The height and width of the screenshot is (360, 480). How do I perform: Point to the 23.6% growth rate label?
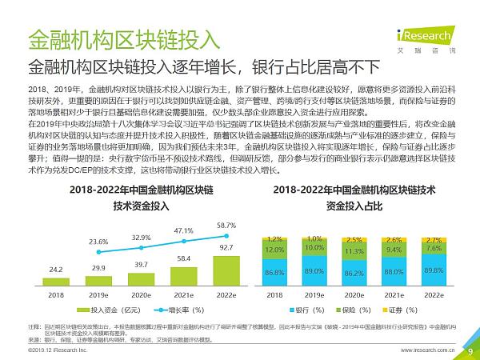[x=98, y=241]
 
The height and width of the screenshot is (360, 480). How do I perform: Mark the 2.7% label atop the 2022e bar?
[x=433, y=239]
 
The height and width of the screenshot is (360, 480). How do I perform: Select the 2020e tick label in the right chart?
[x=354, y=294]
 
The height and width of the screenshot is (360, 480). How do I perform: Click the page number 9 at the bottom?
[x=470, y=350]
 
